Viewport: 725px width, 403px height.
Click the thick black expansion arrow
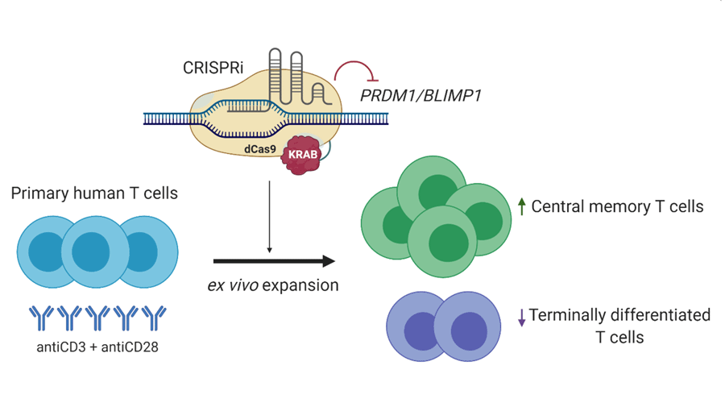pyautogui.click(x=274, y=261)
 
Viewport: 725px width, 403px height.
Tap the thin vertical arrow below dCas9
pyautogui.click(x=270, y=218)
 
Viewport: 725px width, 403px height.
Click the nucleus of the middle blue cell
pyautogui.click(x=91, y=252)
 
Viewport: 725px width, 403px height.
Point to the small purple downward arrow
pyautogui.click(x=521, y=318)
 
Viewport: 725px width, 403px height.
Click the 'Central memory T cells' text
pyautogui.click(x=617, y=207)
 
